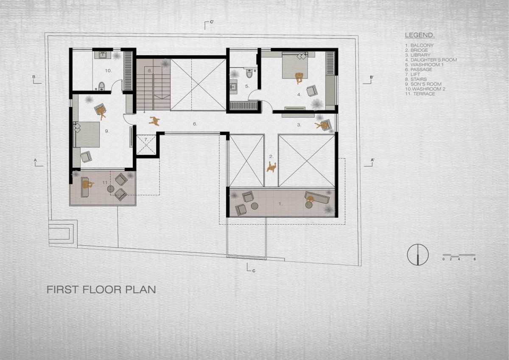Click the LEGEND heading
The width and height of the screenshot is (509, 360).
[x=420, y=35]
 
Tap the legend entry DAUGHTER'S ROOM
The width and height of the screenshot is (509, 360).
[x=431, y=60]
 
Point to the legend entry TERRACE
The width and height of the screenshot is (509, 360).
[x=420, y=94]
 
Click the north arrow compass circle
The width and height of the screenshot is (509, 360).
[x=418, y=254]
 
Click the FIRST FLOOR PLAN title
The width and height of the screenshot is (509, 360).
[x=101, y=290]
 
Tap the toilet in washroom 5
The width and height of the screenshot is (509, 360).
[x=249, y=73]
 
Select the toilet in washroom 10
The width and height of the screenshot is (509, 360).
[x=101, y=86]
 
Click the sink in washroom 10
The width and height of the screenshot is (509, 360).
[x=103, y=55]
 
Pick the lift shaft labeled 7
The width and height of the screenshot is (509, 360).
[x=146, y=145]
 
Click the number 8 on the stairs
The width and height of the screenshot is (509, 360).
[x=150, y=70]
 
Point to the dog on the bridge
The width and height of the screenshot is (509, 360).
[x=271, y=167]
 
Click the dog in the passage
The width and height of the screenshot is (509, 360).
[x=154, y=121]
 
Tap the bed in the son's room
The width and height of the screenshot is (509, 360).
[x=87, y=135]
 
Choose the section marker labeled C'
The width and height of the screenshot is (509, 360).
[x=209, y=25]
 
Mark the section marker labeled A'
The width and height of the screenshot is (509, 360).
[x=369, y=163]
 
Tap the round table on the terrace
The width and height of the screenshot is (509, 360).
[x=111, y=189]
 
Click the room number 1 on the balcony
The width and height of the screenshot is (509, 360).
[x=280, y=204]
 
